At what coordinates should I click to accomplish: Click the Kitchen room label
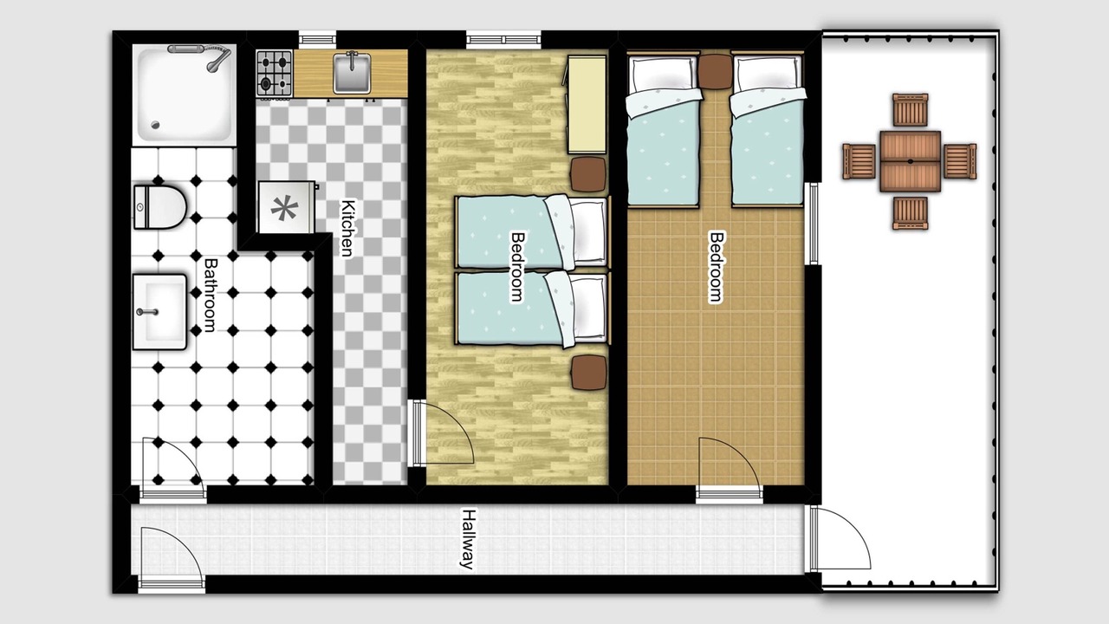coord(347,228)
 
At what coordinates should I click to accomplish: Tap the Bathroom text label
coord(211,295)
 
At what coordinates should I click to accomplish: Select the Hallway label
coord(467,539)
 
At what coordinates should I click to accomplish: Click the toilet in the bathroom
coord(159,207)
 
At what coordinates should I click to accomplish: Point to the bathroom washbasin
coord(159,312)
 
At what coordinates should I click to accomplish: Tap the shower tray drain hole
coord(156,126)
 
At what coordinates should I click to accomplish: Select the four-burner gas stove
coord(275,73)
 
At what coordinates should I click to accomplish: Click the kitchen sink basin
coord(352,74)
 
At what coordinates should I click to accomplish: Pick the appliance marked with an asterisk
coord(286,207)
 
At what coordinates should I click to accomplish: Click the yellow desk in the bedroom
coord(587,105)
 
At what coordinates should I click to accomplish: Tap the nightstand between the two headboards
coord(715,71)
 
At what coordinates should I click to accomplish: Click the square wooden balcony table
coord(910,161)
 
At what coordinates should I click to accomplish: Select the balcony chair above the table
coord(911,109)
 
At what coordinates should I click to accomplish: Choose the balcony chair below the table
coord(911,213)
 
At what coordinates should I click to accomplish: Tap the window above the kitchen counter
coord(317,38)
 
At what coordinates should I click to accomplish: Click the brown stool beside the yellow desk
coord(588,174)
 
